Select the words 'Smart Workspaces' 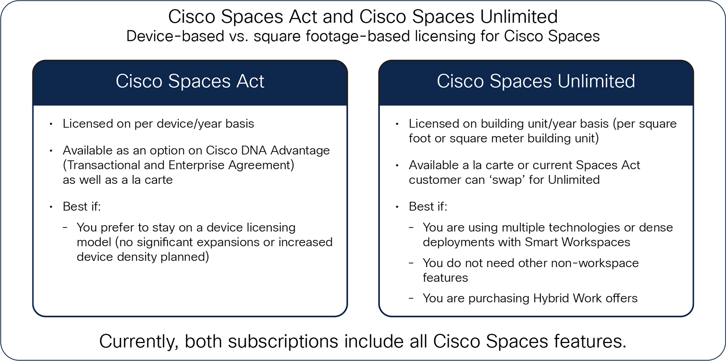pyautogui.click(x=577, y=243)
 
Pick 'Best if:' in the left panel pyautogui.click(x=82, y=207)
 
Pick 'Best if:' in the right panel pyautogui.click(x=428, y=207)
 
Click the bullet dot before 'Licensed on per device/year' pyautogui.click(x=51, y=124)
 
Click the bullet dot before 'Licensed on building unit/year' pyautogui.click(x=397, y=124)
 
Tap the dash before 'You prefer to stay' pyautogui.click(x=65, y=228)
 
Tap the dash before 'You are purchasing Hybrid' pyautogui.click(x=412, y=298)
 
